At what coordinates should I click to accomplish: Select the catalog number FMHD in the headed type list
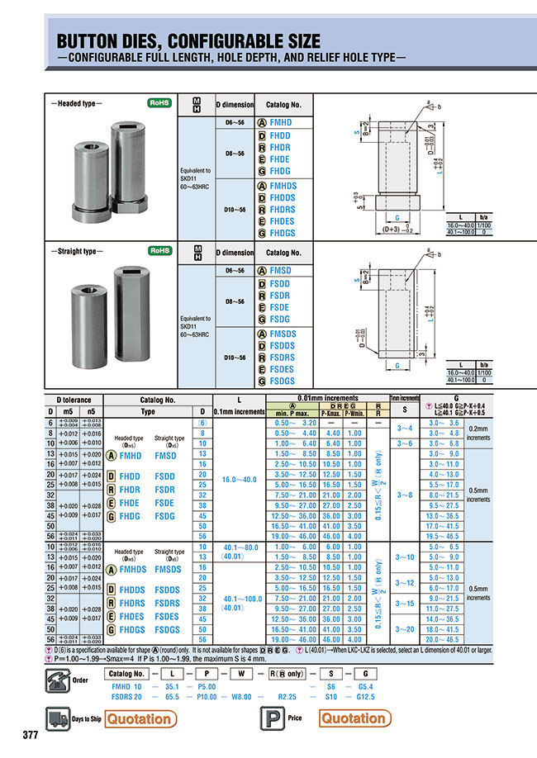tap(280, 122)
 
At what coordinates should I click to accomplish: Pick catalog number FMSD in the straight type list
tap(280, 271)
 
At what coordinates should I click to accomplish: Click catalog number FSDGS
tap(282, 381)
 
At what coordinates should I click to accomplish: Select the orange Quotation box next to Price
tap(354, 718)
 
